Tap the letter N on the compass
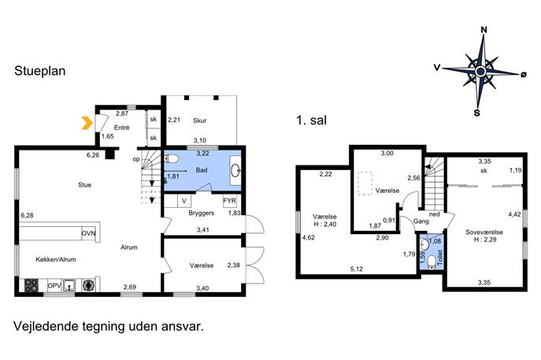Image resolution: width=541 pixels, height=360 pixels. coord(484,30)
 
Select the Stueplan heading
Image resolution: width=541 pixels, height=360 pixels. coord(40,71)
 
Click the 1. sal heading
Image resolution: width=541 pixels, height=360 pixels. coord(311,120)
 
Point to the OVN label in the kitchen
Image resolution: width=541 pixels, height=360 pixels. coord(89,233)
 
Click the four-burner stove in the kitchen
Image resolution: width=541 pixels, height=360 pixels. coord(31,285)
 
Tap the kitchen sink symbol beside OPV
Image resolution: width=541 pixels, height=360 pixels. coord(70,285)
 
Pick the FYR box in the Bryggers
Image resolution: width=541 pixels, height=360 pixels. coord(230,201)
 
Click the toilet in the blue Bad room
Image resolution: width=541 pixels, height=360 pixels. coord(172,159)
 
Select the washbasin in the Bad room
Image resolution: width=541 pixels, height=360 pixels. coord(235,170)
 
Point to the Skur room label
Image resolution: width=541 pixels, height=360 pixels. coord(200,121)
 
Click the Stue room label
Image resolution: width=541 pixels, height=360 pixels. coord(84,185)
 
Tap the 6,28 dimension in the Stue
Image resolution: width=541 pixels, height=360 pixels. coord(28,215)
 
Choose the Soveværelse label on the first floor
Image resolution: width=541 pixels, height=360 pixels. coord(484,232)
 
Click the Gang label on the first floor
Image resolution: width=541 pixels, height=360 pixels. coord(421,221)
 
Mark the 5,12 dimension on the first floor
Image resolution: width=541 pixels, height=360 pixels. coord(357,269)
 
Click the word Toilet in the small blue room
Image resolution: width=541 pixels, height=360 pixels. coord(439,258)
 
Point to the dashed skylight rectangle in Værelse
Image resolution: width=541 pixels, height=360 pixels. coord(365,184)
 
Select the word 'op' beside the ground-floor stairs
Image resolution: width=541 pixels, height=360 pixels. coord(136,159)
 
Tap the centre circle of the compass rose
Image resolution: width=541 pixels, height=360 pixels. coord(480,72)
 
